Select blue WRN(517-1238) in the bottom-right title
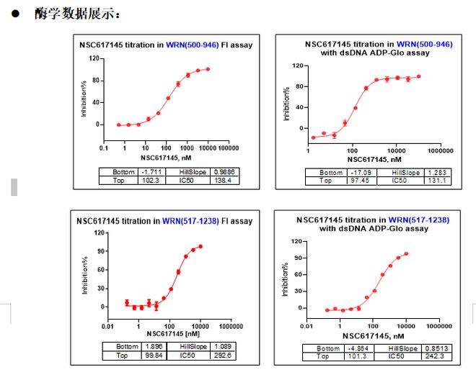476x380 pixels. (x=418, y=220)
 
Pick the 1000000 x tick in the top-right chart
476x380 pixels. (x=439, y=150)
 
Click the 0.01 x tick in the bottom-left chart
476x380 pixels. (x=107, y=326)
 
